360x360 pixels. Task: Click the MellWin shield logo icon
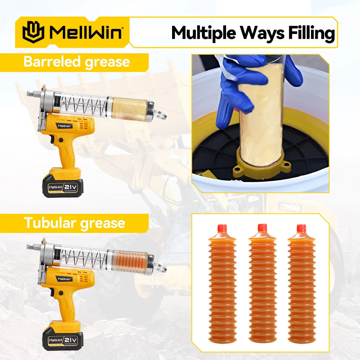tap(33, 32)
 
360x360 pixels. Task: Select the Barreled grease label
tap(76, 62)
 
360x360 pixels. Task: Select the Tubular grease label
tap(74, 223)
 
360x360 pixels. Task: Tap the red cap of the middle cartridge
tap(262, 228)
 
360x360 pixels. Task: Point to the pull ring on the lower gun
tap(161, 268)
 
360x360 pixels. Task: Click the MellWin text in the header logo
tap(86, 32)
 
